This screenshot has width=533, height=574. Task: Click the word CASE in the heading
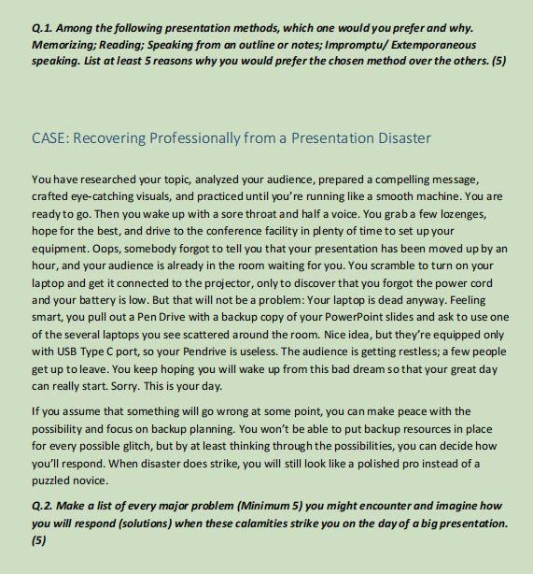pyautogui.click(x=49, y=138)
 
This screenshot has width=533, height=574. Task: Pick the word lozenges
pyautogui.click(x=463, y=215)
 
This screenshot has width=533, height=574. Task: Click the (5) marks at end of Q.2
pyautogui.click(x=39, y=539)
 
